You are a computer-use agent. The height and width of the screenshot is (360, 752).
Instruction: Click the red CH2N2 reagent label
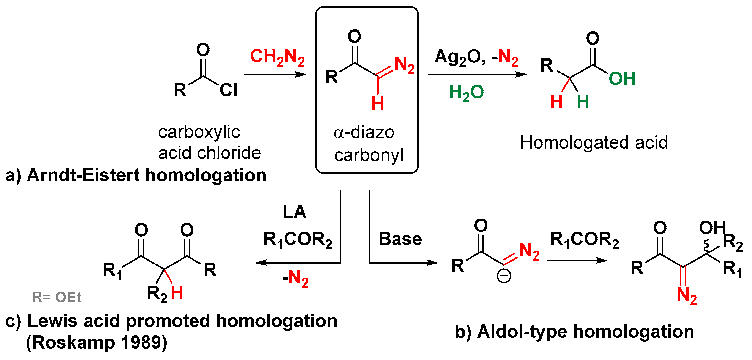(277, 57)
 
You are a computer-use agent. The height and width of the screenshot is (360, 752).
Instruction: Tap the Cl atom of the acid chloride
(228, 90)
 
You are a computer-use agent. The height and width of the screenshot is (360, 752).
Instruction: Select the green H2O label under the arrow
(466, 93)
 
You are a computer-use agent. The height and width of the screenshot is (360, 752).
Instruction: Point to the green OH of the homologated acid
(622, 78)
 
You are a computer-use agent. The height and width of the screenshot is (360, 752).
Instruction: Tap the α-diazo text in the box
(364, 132)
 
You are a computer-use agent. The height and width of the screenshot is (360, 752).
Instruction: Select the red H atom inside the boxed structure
(378, 103)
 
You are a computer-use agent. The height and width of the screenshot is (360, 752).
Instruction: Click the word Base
(400, 239)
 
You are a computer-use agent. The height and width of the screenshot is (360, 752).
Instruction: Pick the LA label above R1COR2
(294, 212)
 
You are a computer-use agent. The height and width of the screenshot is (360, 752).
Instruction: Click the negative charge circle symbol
(504, 276)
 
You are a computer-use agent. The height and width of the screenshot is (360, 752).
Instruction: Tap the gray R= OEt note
(57, 297)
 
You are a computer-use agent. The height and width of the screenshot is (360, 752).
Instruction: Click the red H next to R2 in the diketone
(177, 293)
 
